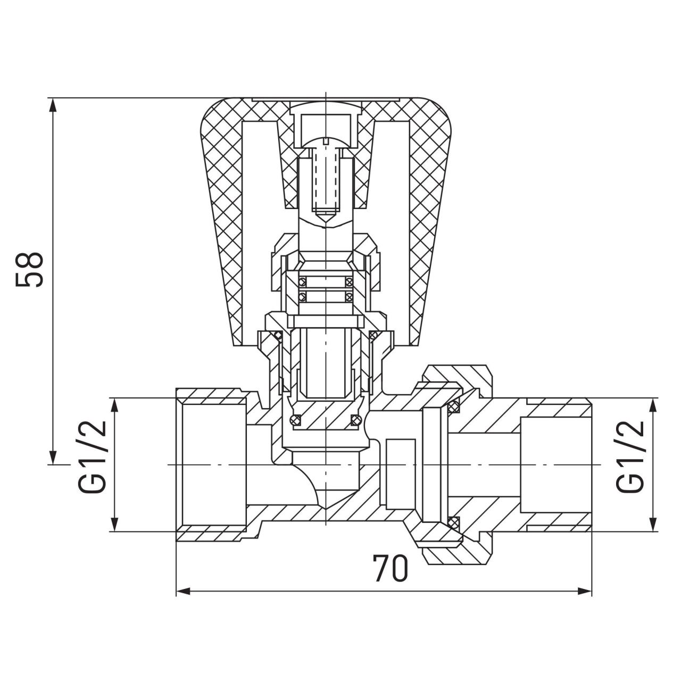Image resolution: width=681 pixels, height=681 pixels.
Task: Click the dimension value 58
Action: click(x=30, y=270)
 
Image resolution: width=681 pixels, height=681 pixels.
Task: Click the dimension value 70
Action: click(x=391, y=569)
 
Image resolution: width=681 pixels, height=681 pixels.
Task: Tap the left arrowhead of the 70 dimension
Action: click(x=183, y=591)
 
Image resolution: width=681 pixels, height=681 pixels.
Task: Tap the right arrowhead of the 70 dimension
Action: click(x=584, y=591)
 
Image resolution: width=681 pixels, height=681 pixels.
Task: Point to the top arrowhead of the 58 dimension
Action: click(x=53, y=105)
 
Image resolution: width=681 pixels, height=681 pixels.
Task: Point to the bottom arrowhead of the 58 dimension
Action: click(x=53, y=457)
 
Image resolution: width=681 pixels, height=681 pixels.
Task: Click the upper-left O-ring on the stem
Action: click(x=302, y=282)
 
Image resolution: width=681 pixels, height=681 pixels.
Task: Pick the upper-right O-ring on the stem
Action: click(x=349, y=282)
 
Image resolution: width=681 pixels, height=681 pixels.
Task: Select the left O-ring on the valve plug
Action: click(x=295, y=419)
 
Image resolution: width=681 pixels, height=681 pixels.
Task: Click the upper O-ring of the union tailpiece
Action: click(x=453, y=408)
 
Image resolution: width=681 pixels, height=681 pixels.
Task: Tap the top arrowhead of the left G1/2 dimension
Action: click(x=114, y=406)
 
